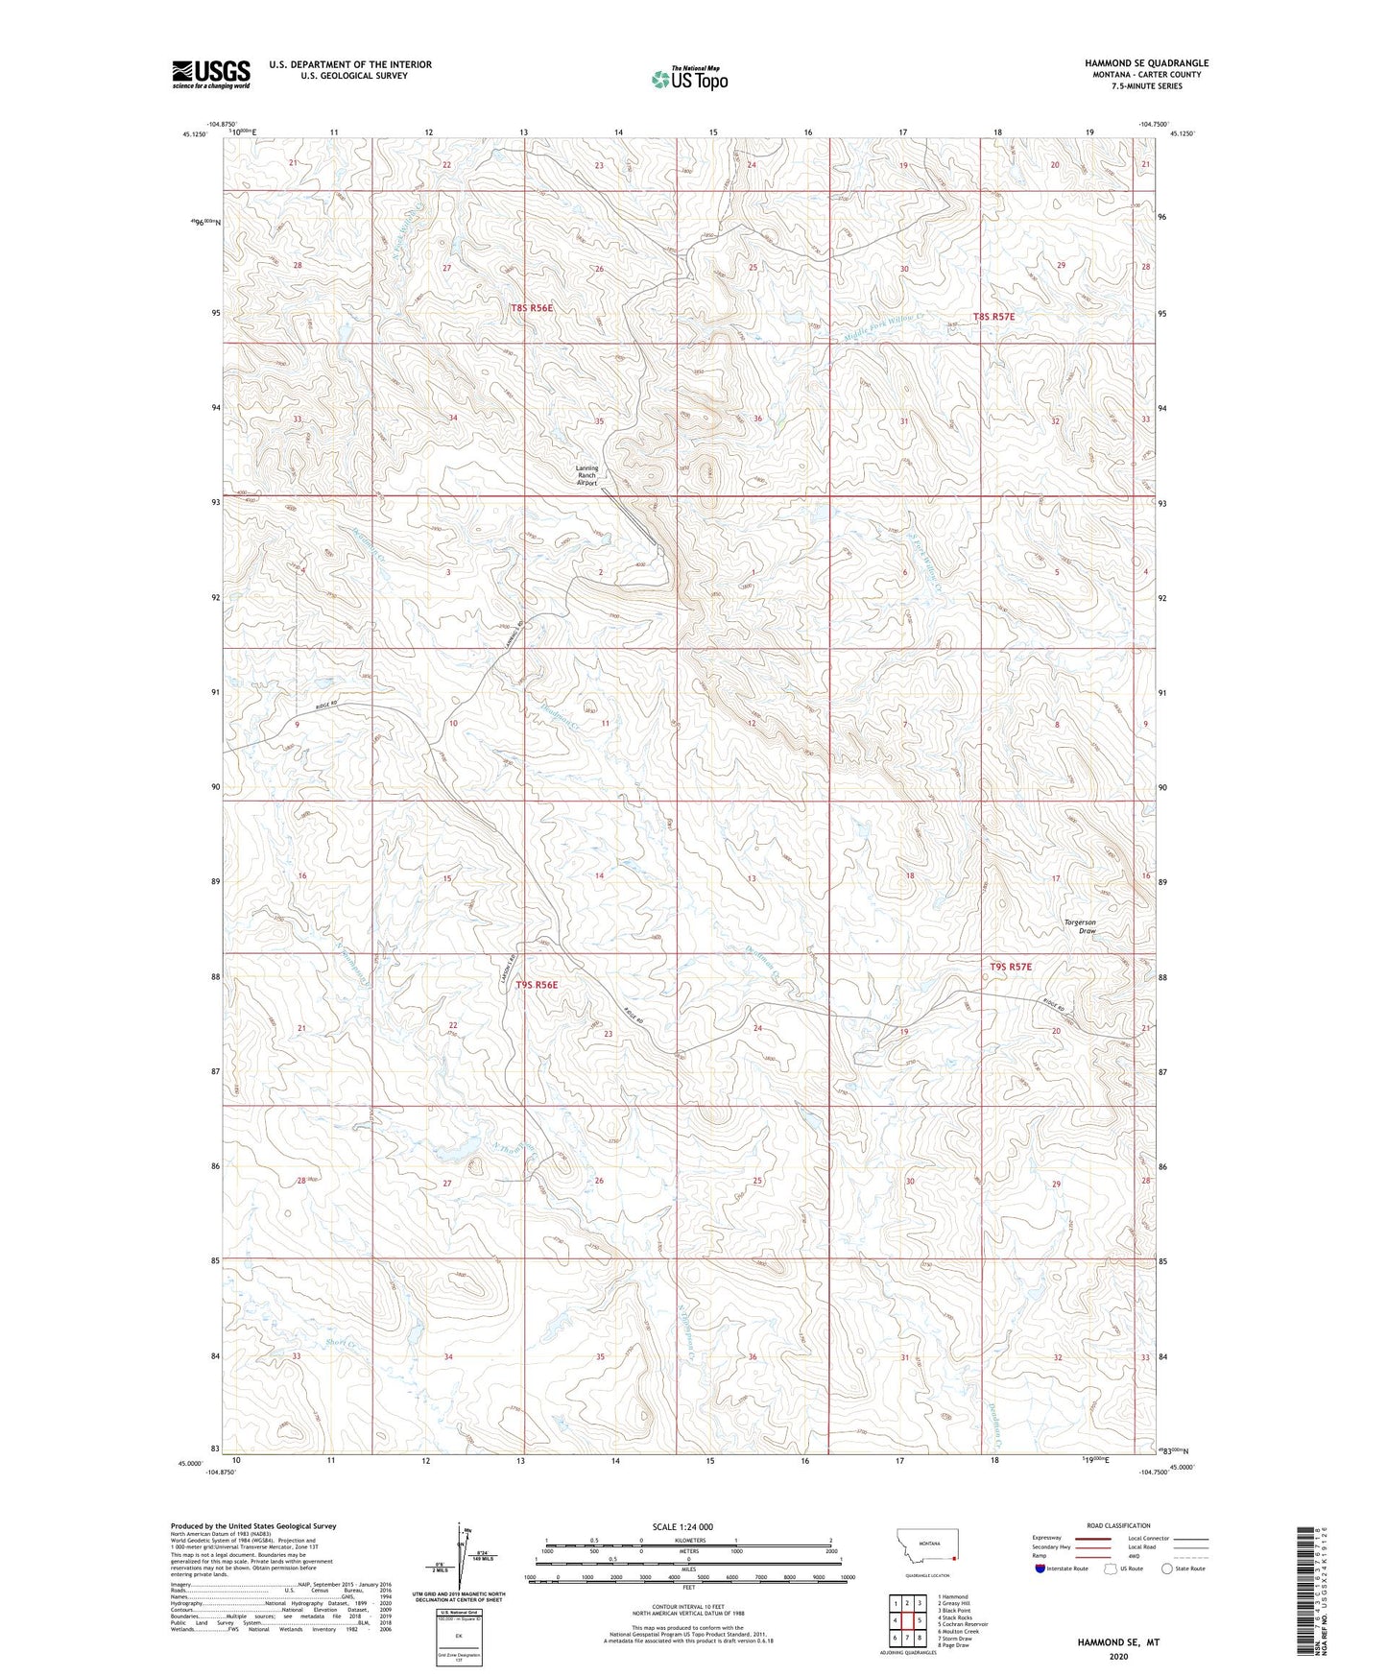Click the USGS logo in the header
[211, 73]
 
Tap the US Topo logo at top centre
[689, 79]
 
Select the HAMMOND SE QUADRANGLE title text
[1134, 63]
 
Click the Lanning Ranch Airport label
[586, 475]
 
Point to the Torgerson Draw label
[1080, 926]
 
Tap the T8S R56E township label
[532, 308]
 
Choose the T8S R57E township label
[993, 316]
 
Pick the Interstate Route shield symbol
[1040, 1568]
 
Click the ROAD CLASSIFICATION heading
[1119, 1526]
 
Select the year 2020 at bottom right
[1118, 1656]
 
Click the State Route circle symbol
[1167, 1568]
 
